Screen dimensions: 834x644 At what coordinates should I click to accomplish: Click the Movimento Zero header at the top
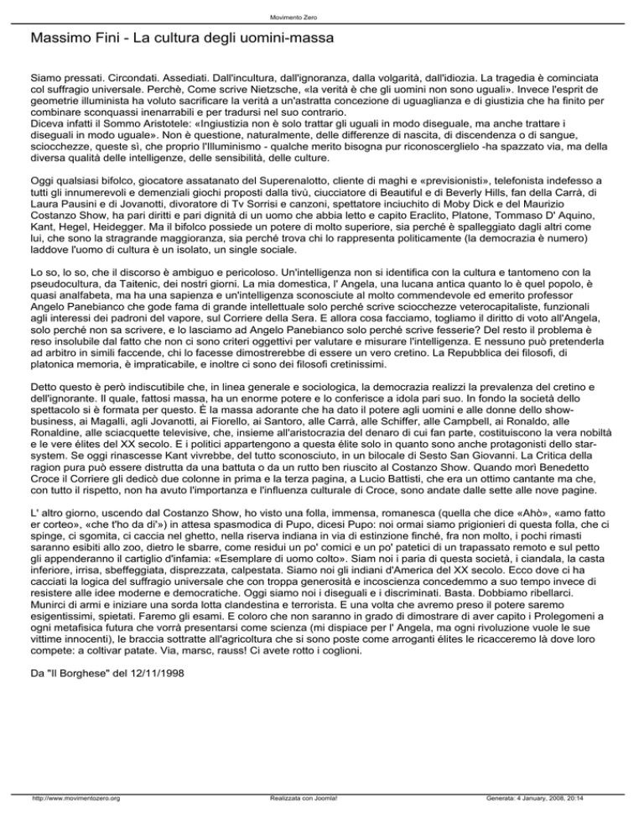tap(321, 17)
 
